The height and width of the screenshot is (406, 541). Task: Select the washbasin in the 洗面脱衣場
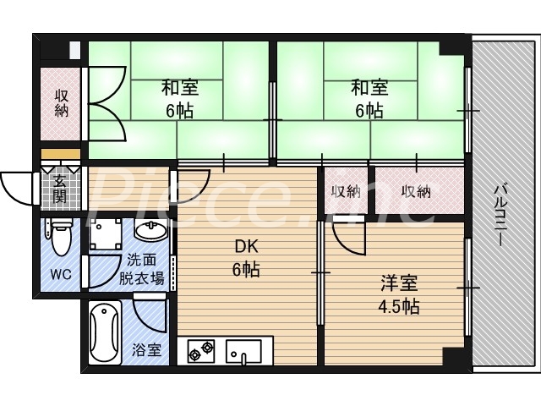[150, 233]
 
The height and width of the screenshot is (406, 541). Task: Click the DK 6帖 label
[246, 259]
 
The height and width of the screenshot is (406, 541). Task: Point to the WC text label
[59, 274]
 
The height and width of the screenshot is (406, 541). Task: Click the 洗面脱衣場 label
[141, 269]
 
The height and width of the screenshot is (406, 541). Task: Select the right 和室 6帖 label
[369, 98]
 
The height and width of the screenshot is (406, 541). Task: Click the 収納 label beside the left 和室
[62, 102]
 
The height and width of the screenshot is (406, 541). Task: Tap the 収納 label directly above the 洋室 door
[346, 192]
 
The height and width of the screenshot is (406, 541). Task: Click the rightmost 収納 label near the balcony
[416, 192]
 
